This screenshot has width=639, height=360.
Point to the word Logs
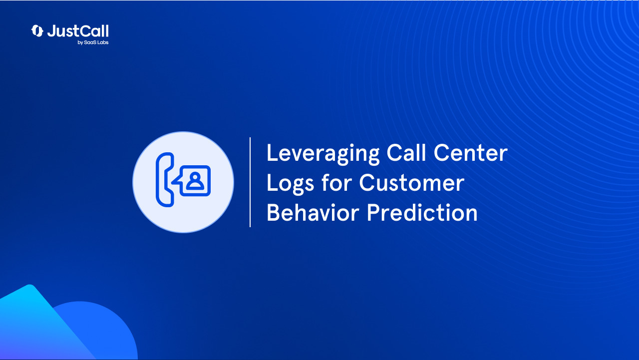290,183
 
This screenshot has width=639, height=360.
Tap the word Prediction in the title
422,213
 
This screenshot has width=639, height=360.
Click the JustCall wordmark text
77,31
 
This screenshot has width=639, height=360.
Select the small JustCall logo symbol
37,31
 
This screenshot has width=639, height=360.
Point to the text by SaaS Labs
93,42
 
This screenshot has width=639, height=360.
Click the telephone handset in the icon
164,180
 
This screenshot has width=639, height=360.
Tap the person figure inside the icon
195,180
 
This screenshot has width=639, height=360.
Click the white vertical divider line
250,182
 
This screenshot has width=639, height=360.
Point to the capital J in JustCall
51,31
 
